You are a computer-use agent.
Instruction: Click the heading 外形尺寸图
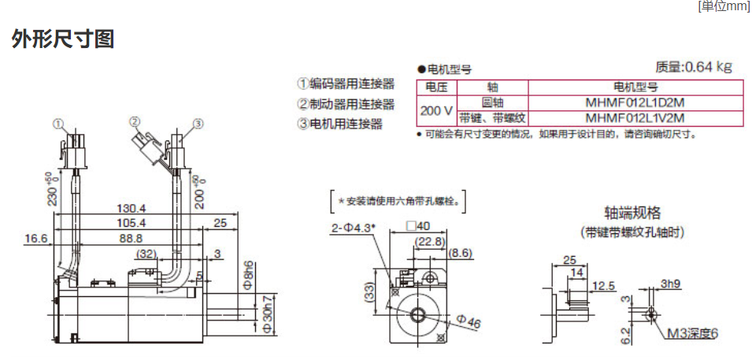point(63,39)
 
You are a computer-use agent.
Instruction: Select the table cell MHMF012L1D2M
point(635,102)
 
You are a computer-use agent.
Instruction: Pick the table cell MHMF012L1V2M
point(635,118)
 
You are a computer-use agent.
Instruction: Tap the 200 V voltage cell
point(436,110)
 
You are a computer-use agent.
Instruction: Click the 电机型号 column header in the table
point(635,87)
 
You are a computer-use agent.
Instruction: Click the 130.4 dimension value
point(132,208)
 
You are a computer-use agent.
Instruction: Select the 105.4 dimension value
point(132,223)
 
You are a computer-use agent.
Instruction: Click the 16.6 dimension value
point(36,238)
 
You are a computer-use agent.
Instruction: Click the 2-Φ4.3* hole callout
point(353,228)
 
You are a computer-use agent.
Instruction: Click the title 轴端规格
point(632,213)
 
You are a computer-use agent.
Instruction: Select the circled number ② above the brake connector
point(135,121)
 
